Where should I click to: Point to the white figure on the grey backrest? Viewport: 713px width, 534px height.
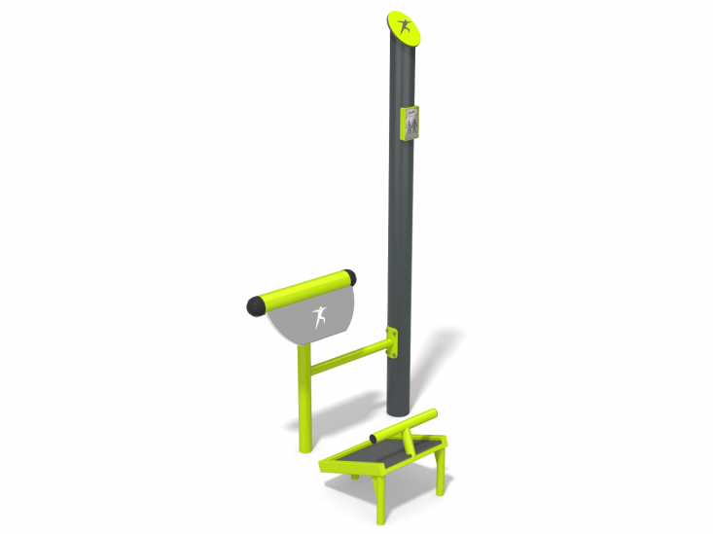pos(318,317)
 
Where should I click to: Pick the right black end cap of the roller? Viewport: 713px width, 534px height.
pos(350,276)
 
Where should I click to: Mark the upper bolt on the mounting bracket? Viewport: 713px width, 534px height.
pos(394,334)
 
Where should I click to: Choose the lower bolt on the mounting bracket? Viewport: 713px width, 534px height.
pos(394,355)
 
